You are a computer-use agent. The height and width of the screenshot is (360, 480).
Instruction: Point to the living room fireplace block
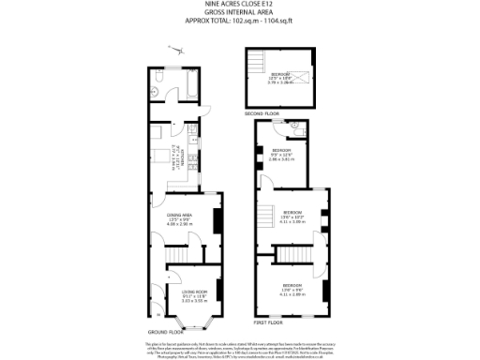click(219, 292)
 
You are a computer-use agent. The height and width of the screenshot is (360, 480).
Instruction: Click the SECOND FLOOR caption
click(262, 112)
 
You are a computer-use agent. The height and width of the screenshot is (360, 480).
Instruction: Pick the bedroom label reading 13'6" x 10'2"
click(292, 217)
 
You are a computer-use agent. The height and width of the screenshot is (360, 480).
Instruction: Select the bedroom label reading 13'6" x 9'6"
click(292, 288)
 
